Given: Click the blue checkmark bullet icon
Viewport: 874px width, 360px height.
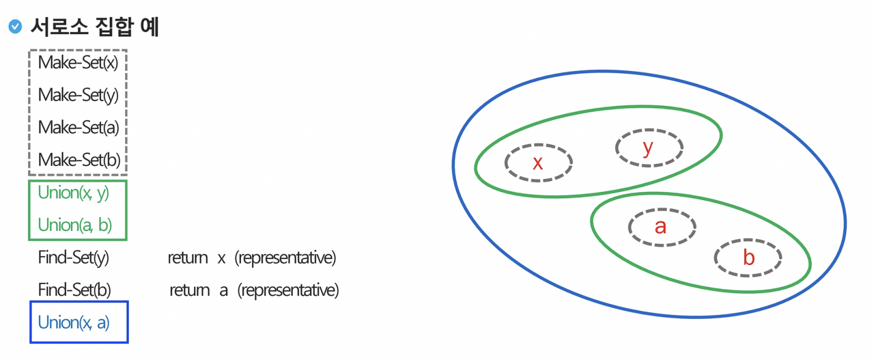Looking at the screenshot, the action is pyautogui.click(x=15, y=27).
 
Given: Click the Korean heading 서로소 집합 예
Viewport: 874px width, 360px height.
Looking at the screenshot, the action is pyautogui.click(x=94, y=27).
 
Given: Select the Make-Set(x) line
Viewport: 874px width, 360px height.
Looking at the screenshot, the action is pyautogui.click(x=78, y=63).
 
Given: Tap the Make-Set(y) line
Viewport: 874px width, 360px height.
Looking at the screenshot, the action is pyautogui.click(x=78, y=95).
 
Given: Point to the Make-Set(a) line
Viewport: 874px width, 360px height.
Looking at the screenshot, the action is pyautogui.click(x=78, y=127).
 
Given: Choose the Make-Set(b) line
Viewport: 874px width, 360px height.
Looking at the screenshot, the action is pyautogui.click(x=79, y=160).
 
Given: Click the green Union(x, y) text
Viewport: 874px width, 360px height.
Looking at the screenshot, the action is pyautogui.click(x=73, y=193).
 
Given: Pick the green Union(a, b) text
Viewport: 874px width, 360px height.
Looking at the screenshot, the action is pyautogui.click(x=74, y=225).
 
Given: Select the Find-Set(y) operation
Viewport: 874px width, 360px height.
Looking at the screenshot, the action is pyautogui.click(x=73, y=258).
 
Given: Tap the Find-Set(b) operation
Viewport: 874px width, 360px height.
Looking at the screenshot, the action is pyautogui.click(x=74, y=290).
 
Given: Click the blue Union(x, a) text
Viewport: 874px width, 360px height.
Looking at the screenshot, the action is pyautogui.click(x=73, y=322).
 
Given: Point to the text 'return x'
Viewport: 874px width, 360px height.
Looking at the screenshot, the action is pyautogui.click(x=197, y=258).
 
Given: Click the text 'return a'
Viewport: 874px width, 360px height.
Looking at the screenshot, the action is pyautogui.click(x=199, y=290).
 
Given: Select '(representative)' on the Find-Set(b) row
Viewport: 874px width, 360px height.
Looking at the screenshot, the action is pyautogui.click(x=287, y=290).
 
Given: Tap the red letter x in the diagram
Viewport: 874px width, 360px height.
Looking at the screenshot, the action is pyautogui.click(x=537, y=163).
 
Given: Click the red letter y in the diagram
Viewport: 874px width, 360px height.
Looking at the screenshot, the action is pyautogui.click(x=648, y=147).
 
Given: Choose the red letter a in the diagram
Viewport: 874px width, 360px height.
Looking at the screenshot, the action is pyautogui.click(x=660, y=227).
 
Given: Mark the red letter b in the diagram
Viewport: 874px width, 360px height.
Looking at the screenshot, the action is pyautogui.click(x=748, y=258).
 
